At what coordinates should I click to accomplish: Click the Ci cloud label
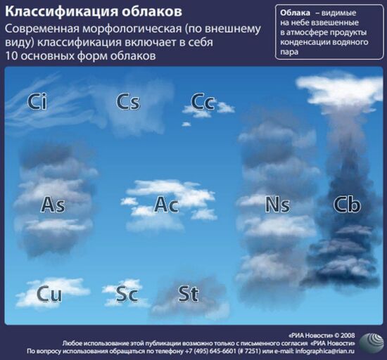[x=37, y=102]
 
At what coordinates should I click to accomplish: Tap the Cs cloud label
[x=128, y=102]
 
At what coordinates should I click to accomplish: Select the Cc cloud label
[x=203, y=102]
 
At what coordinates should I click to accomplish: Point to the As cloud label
[x=53, y=205]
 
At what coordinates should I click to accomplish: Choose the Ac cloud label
[x=166, y=205]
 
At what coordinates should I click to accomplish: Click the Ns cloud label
[x=277, y=205]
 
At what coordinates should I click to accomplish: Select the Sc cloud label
[x=127, y=294]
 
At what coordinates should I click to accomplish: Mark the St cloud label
[x=188, y=293]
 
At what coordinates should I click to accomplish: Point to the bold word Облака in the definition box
[x=295, y=13]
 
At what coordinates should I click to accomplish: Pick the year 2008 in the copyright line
[x=349, y=335]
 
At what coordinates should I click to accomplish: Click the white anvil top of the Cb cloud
[x=339, y=84]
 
